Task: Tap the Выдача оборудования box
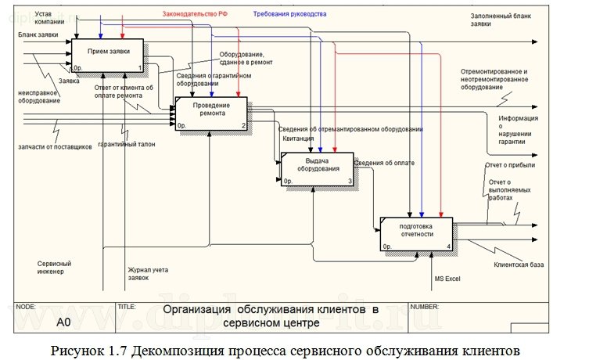pos(318,168)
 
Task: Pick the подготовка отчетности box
pos(416,233)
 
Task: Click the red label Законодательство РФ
pos(195,14)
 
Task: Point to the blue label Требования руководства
pos(289,14)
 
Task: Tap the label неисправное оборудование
pos(38,95)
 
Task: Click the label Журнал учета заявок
pos(149,273)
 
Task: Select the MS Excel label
pos(448,278)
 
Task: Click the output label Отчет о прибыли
pos(510,165)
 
